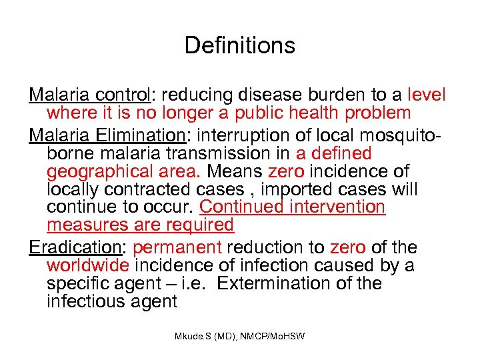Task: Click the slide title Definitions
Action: tap(239, 45)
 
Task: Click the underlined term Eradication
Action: tap(75, 247)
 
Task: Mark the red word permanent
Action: tap(177, 247)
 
